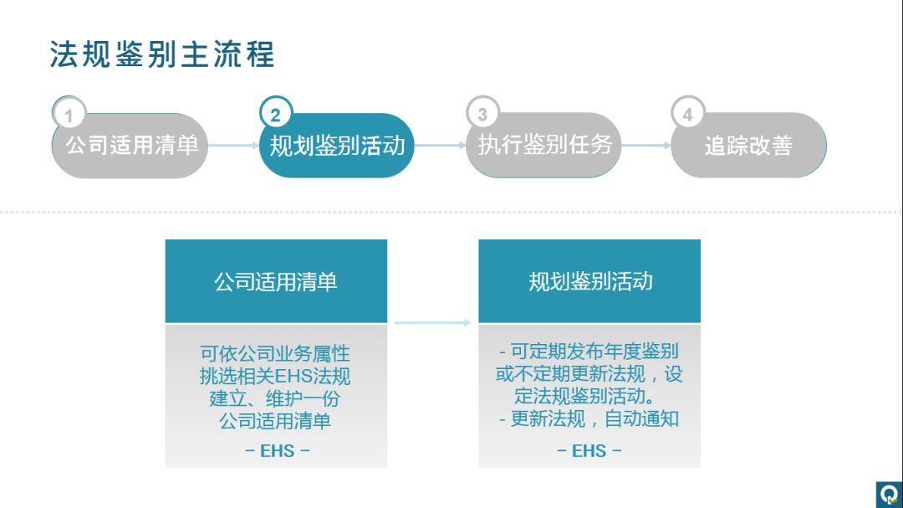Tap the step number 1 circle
click(69, 115)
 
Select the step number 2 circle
click(276, 115)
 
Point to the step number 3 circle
click(482, 115)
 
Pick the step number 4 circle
click(688, 115)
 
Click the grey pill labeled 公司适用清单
click(131, 146)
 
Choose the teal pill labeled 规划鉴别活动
click(337, 146)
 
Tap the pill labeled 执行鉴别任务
click(544, 146)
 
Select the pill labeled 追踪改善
click(749, 146)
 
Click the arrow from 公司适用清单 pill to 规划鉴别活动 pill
click(233, 146)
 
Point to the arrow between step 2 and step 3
click(440, 146)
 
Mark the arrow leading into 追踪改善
click(645, 146)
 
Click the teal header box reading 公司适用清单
click(276, 281)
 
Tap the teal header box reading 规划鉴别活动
click(589, 281)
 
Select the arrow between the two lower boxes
click(433, 322)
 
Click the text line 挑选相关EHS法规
click(275, 376)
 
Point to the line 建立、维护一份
click(275, 398)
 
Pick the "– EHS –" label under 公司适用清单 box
click(277, 450)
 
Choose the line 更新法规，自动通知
click(589, 418)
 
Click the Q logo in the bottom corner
click(888, 494)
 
